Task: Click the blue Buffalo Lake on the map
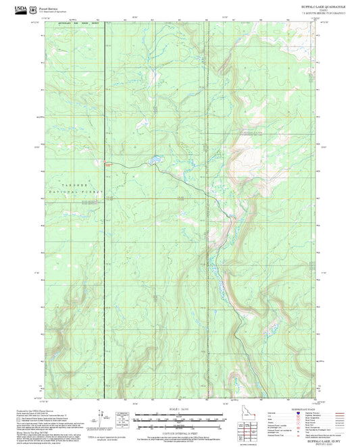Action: tap(155, 160)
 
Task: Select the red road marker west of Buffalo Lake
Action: tap(107, 163)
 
